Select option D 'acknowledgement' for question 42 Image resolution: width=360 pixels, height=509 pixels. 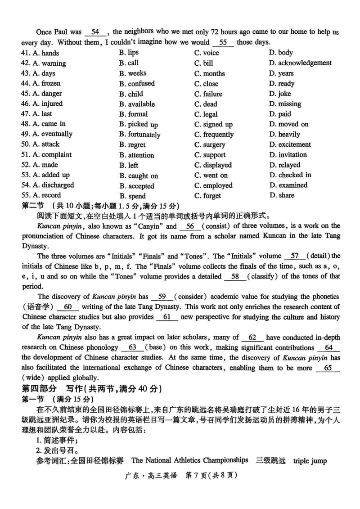[300, 63]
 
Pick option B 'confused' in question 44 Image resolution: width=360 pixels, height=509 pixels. [137, 84]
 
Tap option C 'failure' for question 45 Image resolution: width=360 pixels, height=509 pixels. [208, 94]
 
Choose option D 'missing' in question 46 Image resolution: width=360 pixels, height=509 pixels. [285, 104]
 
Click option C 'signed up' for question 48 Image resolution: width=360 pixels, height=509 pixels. [213, 124]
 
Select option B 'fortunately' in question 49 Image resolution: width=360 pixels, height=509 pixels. [139, 135]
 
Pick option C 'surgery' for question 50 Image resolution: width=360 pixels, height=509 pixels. [210, 145]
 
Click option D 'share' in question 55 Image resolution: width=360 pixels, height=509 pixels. [282, 195]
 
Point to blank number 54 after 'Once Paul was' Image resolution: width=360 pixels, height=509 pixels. [95, 32]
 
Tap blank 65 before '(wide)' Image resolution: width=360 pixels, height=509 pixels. [327, 368]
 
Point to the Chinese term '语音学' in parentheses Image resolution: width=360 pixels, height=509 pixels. [38, 307]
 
